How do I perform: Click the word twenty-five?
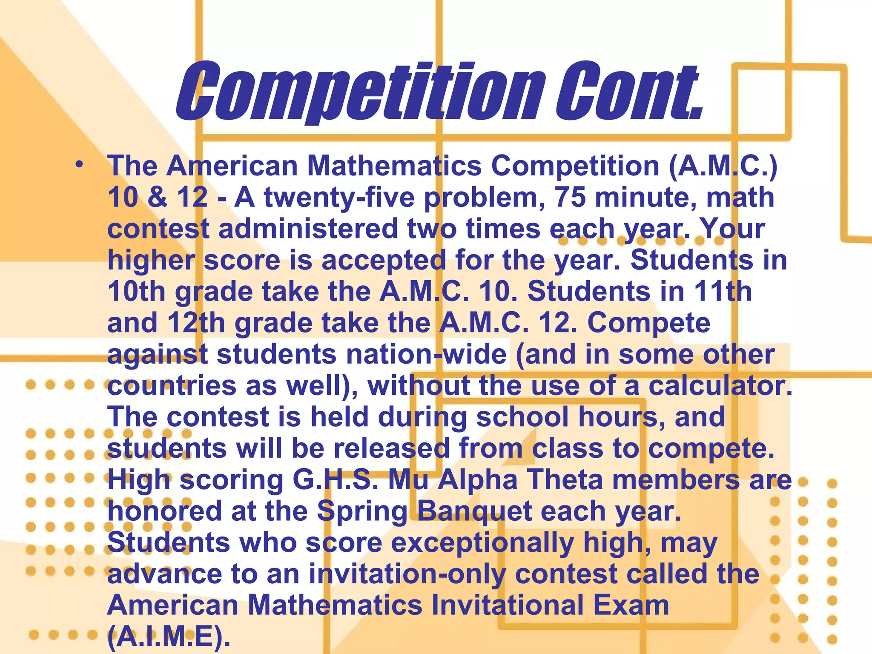pos(339,197)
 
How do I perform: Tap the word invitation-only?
pos(407,574)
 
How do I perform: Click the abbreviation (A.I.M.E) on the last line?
pos(169,637)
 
